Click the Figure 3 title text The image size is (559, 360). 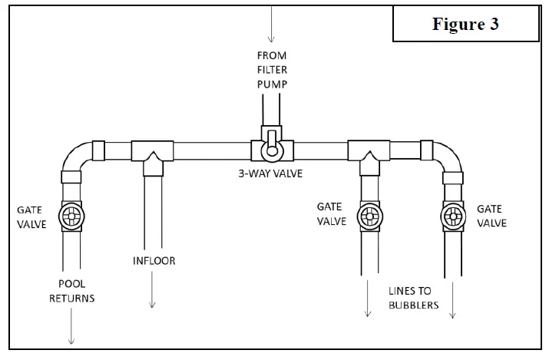pyautogui.click(x=465, y=25)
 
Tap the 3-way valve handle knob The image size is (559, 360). pyautogui.click(x=272, y=151)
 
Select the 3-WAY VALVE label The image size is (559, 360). pyautogui.click(x=270, y=173)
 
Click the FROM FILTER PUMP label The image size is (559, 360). pyautogui.click(x=272, y=70)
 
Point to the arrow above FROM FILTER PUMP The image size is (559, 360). pyautogui.click(x=271, y=24)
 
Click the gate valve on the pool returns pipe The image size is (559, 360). pyautogui.click(x=71, y=216)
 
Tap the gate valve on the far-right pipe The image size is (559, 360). pyautogui.click(x=453, y=216)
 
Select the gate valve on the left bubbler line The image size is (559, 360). pyautogui.click(x=369, y=216)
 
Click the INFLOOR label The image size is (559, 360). pyautogui.click(x=154, y=261)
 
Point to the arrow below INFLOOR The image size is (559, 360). pyautogui.click(x=152, y=289)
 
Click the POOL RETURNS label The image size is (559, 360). pyautogui.click(x=71, y=291)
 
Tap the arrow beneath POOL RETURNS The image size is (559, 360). pyautogui.click(x=71, y=326)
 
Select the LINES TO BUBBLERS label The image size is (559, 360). pyautogui.click(x=413, y=298)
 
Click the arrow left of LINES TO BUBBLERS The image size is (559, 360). pyautogui.click(x=368, y=299)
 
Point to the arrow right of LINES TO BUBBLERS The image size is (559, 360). pyautogui.click(x=452, y=300)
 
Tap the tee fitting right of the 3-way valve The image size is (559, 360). pyautogui.click(x=369, y=157)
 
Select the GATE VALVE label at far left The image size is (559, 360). pyautogui.click(x=31, y=217)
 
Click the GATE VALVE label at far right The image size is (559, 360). pyautogui.click(x=491, y=216)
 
